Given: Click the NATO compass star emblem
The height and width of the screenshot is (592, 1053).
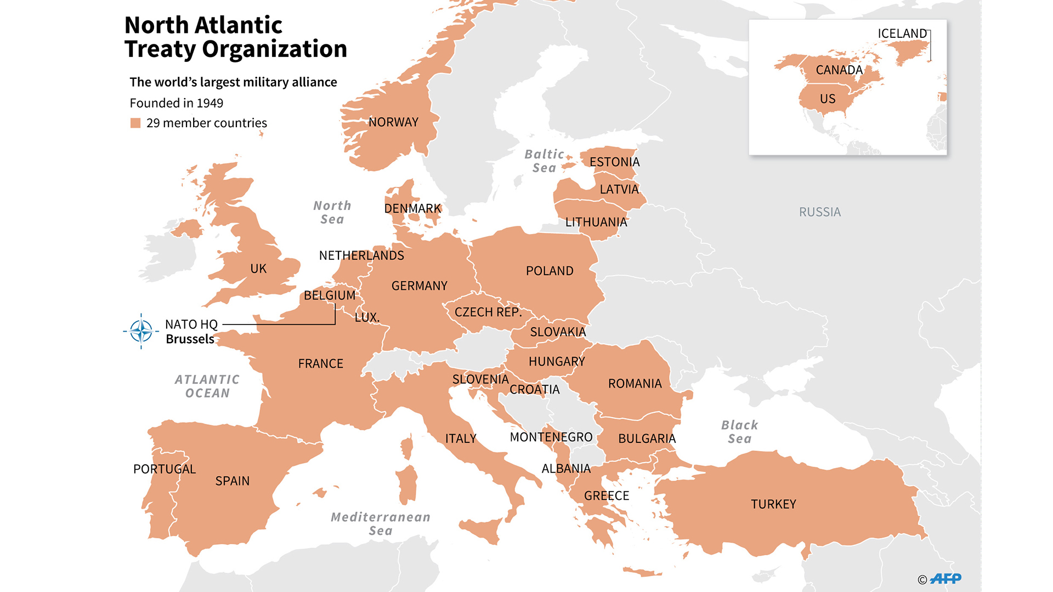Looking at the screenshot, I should tap(141, 331).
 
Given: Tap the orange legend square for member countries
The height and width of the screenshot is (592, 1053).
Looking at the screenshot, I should tap(135, 123).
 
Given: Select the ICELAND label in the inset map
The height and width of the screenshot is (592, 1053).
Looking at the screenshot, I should tap(902, 33).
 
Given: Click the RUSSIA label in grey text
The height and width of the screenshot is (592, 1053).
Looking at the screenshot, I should tap(819, 212).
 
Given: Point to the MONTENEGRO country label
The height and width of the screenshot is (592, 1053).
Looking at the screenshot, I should tap(551, 437).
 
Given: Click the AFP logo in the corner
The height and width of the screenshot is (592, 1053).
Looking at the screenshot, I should tap(946, 578).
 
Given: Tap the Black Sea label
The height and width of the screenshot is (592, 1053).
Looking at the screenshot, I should tap(739, 432).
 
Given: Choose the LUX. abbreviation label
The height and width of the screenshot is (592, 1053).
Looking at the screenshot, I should tap(367, 317).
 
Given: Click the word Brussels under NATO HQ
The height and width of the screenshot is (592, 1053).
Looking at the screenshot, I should tap(190, 339).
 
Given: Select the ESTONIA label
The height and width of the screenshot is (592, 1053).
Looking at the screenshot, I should tap(614, 162).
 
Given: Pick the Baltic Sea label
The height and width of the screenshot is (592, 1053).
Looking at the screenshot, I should tap(544, 161).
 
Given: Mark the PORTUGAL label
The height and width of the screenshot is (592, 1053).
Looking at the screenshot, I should tap(164, 469).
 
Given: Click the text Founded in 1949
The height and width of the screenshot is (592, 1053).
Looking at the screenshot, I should tap(176, 103).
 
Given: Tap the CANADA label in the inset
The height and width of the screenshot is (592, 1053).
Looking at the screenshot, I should tap(839, 70).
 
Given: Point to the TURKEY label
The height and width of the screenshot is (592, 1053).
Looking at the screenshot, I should tap(773, 504).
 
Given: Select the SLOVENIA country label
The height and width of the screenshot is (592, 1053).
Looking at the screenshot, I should tap(480, 379).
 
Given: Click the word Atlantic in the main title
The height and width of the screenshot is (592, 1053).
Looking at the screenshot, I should tap(238, 25).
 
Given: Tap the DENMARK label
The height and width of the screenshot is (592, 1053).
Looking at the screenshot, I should tap(412, 209).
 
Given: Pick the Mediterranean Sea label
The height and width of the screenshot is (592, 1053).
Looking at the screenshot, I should tap(381, 523).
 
